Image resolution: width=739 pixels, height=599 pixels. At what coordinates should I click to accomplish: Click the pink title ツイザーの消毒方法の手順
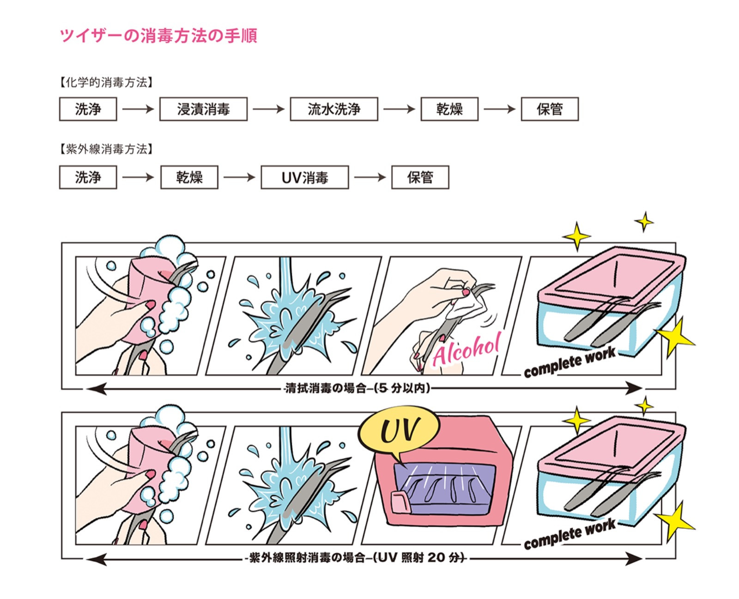click(x=158, y=36)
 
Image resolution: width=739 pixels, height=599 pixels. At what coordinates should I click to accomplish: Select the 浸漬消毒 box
click(x=203, y=109)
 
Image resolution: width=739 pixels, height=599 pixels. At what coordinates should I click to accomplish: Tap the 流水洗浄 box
click(x=333, y=109)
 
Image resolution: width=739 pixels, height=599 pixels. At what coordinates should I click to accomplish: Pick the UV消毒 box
click(x=304, y=177)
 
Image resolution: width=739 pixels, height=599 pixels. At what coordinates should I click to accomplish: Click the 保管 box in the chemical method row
click(x=549, y=109)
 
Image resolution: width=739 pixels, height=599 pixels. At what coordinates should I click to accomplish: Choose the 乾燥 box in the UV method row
click(x=189, y=177)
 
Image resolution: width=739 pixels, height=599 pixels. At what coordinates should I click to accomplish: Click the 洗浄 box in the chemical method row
click(x=88, y=109)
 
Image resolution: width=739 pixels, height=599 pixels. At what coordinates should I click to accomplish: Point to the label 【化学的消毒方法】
click(x=106, y=83)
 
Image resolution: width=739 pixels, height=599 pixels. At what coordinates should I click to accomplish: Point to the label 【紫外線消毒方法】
click(x=106, y=149)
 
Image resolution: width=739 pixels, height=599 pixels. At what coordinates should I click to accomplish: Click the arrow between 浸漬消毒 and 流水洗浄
click(x=268, y=109)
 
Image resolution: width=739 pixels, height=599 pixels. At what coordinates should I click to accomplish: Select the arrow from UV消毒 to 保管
click(x=369, y=177)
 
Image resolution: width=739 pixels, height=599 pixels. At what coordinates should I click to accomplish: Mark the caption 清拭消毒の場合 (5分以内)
click(x=357, y=388)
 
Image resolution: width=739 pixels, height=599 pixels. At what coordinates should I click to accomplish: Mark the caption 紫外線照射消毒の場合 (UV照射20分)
click(x=357, y=558)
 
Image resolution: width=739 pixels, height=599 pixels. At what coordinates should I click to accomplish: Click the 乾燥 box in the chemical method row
click(x=449, y=109)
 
